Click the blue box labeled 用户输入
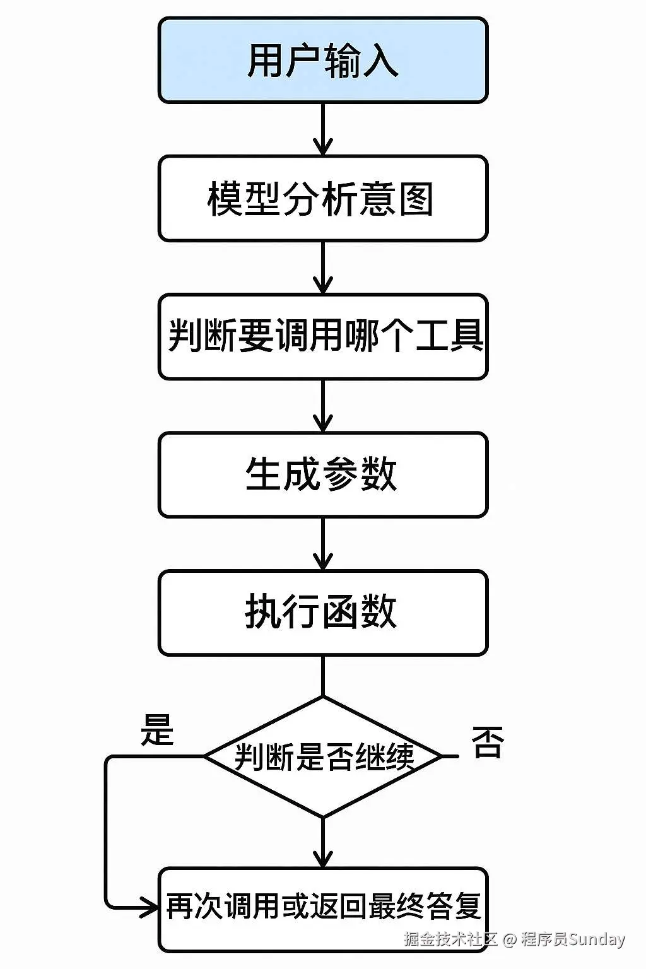tap(322, 61)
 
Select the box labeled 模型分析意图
tap(322, 199)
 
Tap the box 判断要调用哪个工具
tap(322, 336)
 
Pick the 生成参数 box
tap(322, 474)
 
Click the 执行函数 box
tap(322, 613)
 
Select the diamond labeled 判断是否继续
tap(322, 756)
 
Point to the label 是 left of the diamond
tap(156, 730)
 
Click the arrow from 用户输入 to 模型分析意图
tap(322, 129)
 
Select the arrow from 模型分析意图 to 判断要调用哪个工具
tap(322, 267)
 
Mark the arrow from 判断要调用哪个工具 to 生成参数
tap(322, 406)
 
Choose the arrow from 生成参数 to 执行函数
tap(322, 544)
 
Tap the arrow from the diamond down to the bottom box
tap(322, 842)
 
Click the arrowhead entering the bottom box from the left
tap(150, 908)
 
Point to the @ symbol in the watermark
tap(509, 939)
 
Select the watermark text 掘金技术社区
tap(450, 939)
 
